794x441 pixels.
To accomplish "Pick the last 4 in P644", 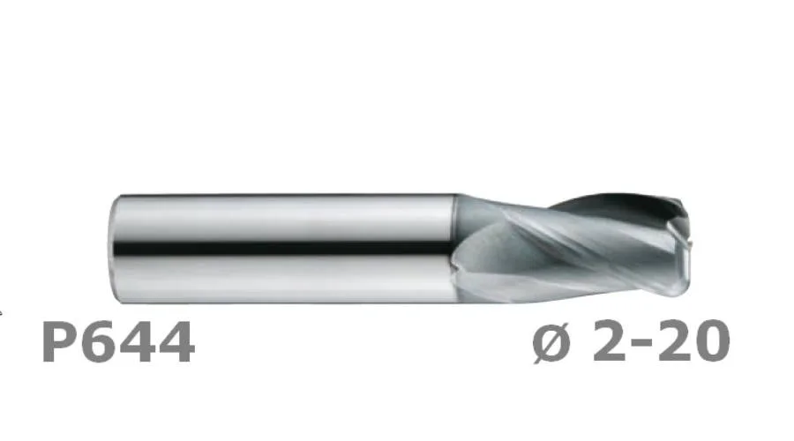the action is [x=176, y=341].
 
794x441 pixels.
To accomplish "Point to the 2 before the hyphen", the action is [x=609, y=340].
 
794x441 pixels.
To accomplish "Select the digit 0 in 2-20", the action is [x=711, y=340].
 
